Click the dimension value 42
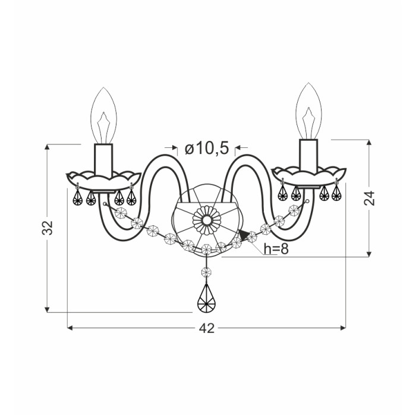click(206, 329)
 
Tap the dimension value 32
click(48, 228)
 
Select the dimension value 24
click(370, 198)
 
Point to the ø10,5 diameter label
click(207, 148)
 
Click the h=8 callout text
click(276, 249)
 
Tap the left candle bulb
click(103, 116)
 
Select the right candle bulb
click(308, 111)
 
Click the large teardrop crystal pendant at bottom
click(206, 299)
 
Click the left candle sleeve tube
click(103, 161)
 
